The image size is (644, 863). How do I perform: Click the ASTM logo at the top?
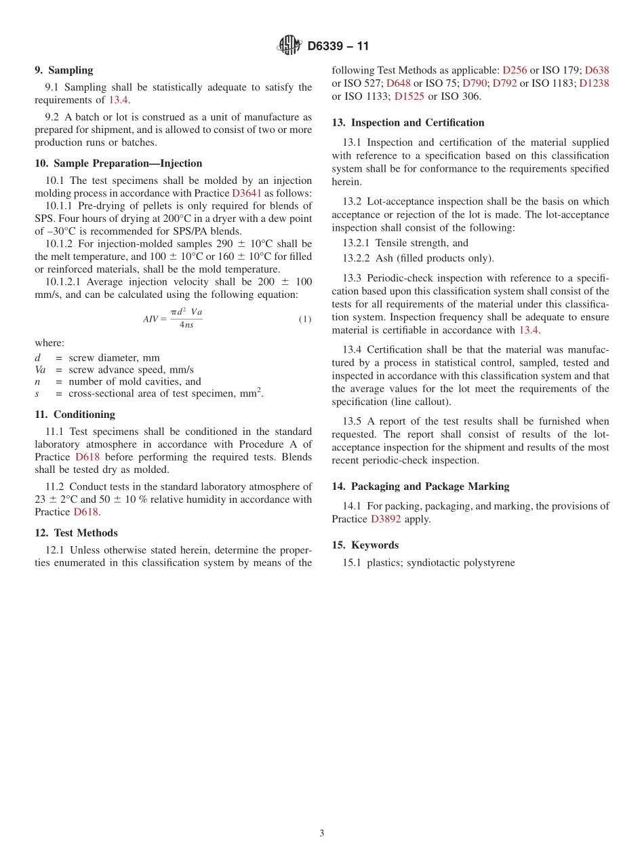[x=289, y=45]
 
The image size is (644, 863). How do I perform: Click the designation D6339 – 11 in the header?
[x=338, y=46]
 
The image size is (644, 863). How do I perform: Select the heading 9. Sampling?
[x=64, y=70]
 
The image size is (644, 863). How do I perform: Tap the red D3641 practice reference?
[x=246, y=193]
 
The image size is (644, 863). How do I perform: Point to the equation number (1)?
[x=305, y=319]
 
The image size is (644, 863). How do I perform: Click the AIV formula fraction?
[x=186, y=319]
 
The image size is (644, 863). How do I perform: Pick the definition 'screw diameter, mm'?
[x=114, y=358]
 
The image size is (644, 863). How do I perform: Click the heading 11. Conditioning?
[x=75, y=415]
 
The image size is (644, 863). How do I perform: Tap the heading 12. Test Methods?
[x=76, y=533]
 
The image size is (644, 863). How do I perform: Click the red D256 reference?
[x=515, y=70]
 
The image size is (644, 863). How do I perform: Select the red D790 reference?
[x=475, y=83]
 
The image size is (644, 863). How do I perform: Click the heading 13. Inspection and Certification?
[x=408, y=123]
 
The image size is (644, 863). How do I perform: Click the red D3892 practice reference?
[x=386, y=519]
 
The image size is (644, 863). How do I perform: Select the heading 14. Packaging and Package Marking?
[x=420, y=486]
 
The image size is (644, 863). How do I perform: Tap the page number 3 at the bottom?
[x=322, y=834]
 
